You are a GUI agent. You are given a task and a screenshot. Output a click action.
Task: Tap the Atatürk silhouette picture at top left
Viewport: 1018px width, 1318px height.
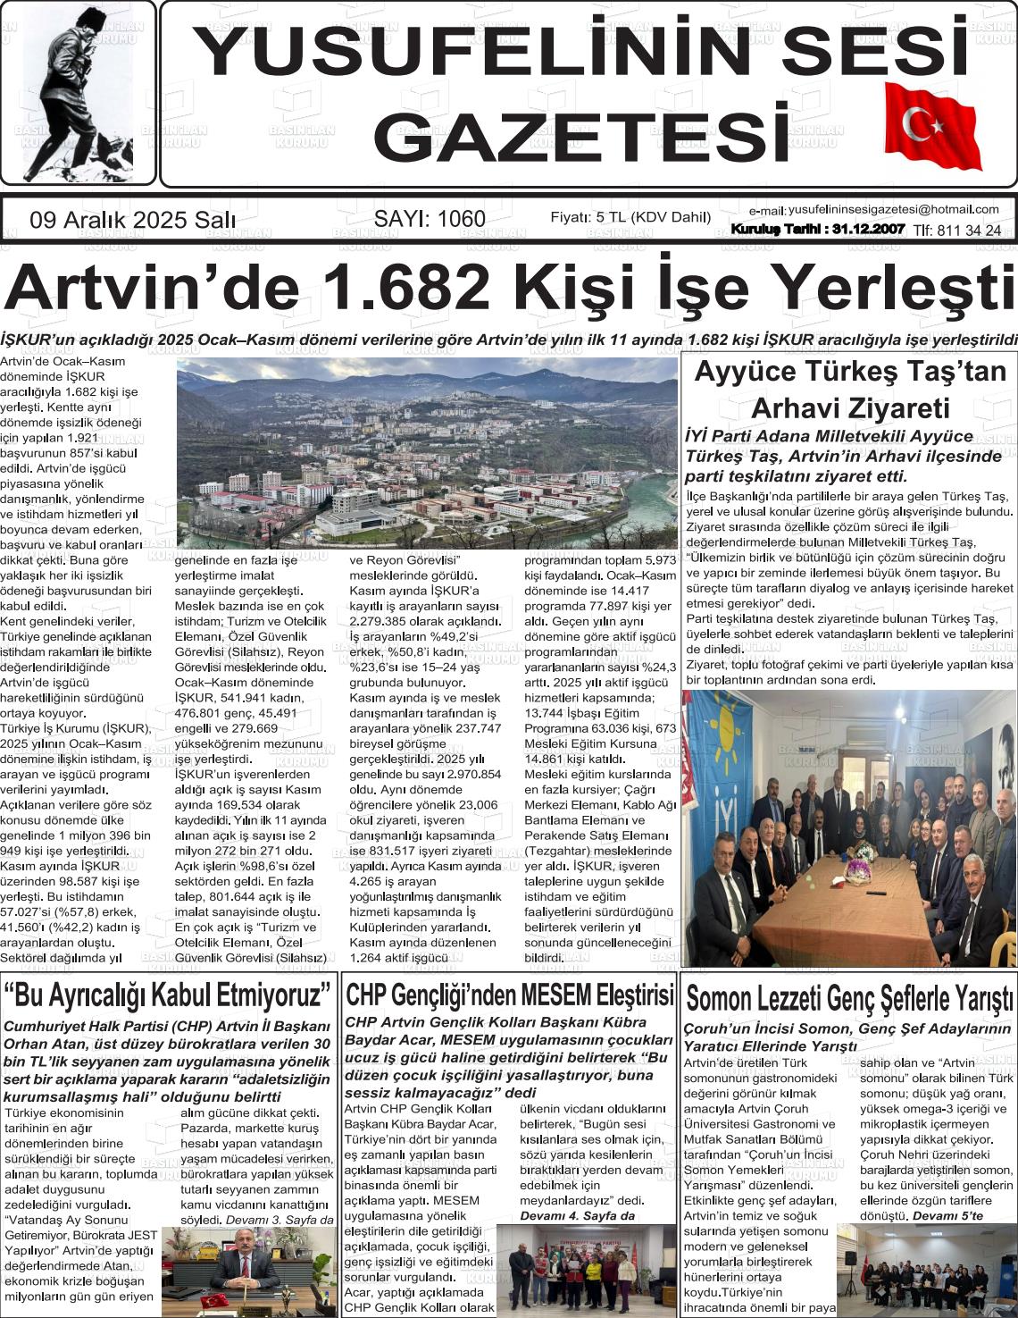tap(78, 93)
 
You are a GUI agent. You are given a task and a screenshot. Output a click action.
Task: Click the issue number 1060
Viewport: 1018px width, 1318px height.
tap(455, 219)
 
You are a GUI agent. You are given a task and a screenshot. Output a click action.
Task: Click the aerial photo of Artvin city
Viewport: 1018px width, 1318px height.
tap(427, 453)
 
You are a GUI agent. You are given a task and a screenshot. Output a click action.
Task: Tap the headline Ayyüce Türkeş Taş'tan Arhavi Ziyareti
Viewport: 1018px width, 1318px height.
tap(849, 390)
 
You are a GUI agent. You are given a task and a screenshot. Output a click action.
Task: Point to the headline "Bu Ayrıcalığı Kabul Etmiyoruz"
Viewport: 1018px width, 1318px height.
tap(168, 994)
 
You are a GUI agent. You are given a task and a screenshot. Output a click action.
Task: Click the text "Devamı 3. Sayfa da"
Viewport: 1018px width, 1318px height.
tap(280, 1220)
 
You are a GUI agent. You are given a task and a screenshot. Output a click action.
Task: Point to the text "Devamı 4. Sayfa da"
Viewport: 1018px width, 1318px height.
tap(577, 1215)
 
